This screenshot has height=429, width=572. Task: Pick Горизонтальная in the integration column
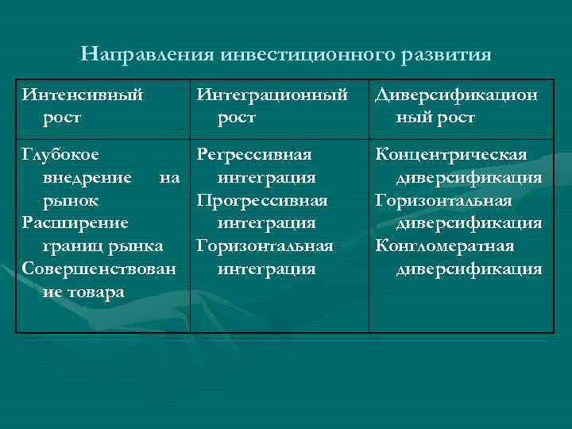tap(265, 245)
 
